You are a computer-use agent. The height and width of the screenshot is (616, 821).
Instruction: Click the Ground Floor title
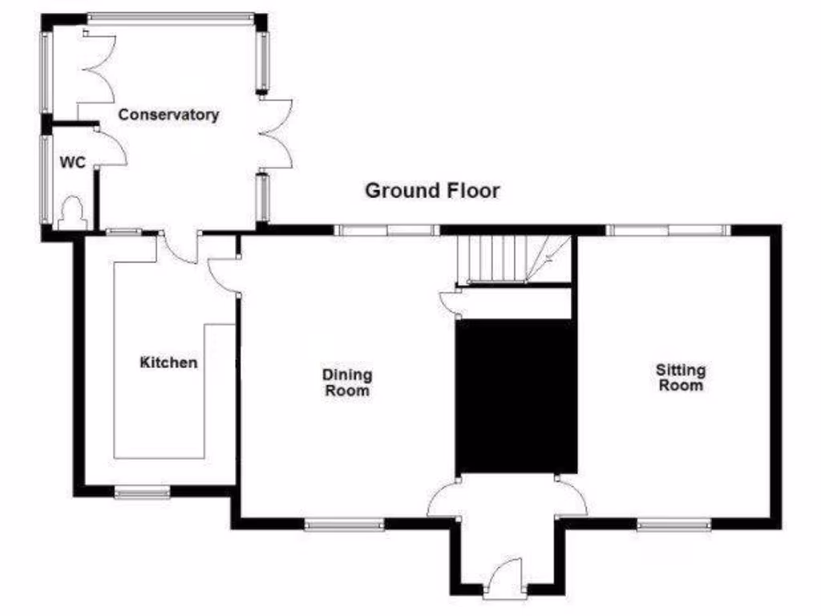[x=432, y=191]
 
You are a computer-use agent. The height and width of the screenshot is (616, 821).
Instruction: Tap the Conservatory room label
[x=168, y=115]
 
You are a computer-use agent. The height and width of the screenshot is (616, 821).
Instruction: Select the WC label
[x=72, y=161]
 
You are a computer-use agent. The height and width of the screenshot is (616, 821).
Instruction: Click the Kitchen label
[x=168, y=363]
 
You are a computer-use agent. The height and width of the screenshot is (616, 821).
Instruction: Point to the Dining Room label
[x=347, y=382]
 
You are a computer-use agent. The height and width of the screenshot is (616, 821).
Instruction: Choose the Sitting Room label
[x=681, y=377]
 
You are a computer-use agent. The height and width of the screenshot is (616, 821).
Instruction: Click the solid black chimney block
[x=516, y=396]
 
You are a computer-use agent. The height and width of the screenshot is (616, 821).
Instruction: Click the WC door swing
[x=111, y=149]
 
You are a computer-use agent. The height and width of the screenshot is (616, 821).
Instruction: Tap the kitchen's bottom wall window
[x=142, y=492]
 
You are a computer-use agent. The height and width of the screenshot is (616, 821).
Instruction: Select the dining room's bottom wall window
[x=344, y=525]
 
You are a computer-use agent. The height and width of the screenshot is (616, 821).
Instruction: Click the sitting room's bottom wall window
[x=673, y=525]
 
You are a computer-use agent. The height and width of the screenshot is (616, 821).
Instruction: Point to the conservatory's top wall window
[x=170, y=16]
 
